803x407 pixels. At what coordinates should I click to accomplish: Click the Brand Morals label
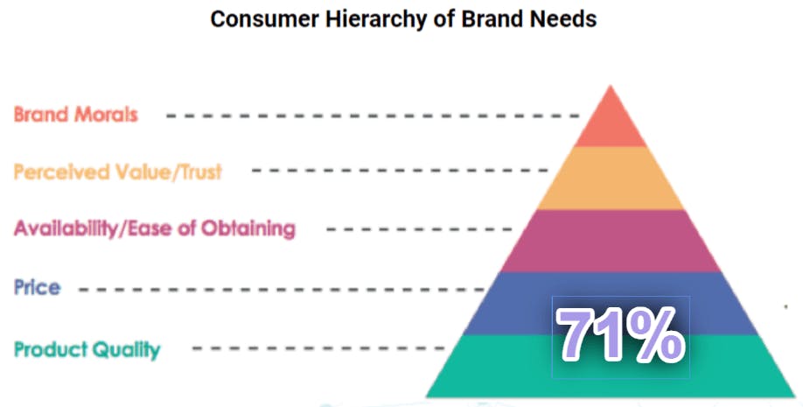pyautogui.click(x=76, y=115)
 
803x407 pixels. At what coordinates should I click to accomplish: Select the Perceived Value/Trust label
pyautogui.click(x=118, y=172)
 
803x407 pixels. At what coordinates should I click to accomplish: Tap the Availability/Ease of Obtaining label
pyautogui.click(x=155, y=229)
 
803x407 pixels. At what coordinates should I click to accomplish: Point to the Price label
pyautogui.click(x=37, y=287)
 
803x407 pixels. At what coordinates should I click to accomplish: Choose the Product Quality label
pyautogui.click(x=87, y=350)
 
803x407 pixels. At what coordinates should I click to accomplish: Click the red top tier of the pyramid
pyautogui.click(x=610, y=122)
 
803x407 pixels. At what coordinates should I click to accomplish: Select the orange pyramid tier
pyautogui.click(x=610, y=179)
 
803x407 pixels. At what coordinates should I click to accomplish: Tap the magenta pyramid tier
pyautogui.click(x=610, y=241)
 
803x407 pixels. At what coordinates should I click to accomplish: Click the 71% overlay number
pyautogui.click(x=621, y=336)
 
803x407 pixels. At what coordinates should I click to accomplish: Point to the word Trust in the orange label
pyautogui.click(x=201, y=172)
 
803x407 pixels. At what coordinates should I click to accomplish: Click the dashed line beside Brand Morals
pyautogui.click(x=373, y=116)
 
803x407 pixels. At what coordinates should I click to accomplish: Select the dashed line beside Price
pyautogui.click(x=282, y=290)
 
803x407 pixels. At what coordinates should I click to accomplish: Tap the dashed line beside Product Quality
pyautogui.click(x=318, y=348)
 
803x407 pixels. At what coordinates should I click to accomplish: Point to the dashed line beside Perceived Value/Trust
pyautogui.click(x=401, y=170)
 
